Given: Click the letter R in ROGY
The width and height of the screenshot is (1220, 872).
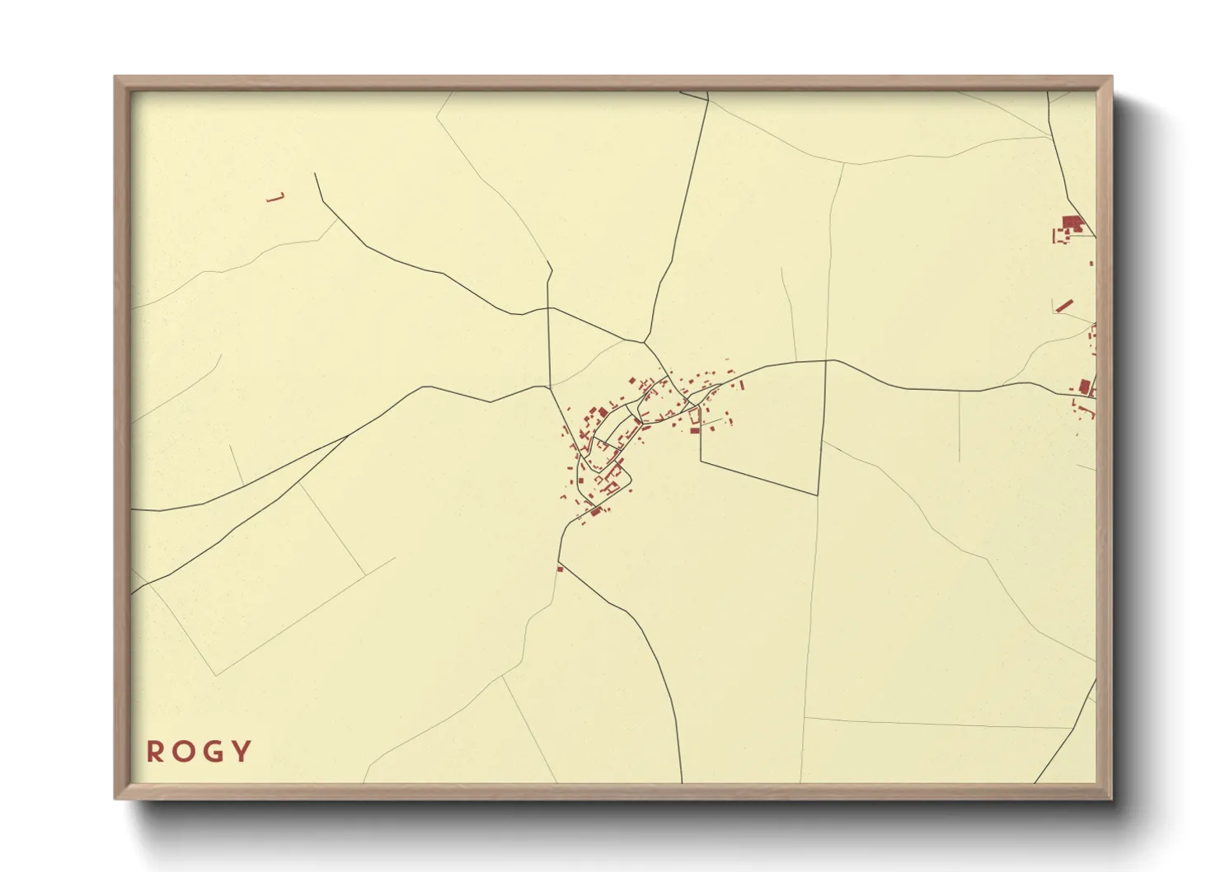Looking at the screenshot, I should tap(154, 752).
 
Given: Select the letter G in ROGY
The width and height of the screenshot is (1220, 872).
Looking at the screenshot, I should tap(212, 752).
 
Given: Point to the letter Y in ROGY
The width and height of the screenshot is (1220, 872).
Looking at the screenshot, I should tap(242, 752).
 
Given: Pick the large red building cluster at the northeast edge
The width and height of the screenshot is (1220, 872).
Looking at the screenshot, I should tap(1072, 223).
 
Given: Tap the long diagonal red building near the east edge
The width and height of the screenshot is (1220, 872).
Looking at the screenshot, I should tap(1065, 306).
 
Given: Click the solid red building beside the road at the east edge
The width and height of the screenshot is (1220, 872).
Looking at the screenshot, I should tap(1085, 385).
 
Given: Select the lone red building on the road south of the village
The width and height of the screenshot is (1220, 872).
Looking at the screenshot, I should tap(560, 569).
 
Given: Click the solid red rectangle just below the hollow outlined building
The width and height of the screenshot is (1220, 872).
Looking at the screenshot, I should tap(694, 430).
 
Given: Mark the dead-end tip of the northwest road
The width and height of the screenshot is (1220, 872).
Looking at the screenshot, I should tap(315, 174).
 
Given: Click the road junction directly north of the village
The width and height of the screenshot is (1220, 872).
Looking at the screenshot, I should tap(645, 341).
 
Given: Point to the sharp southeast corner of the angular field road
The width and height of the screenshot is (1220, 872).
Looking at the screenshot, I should tap(817, 495).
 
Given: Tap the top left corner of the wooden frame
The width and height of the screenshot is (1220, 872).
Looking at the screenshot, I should tap(115, 77).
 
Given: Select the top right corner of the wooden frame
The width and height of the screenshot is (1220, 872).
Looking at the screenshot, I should tap(1111, 77).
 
